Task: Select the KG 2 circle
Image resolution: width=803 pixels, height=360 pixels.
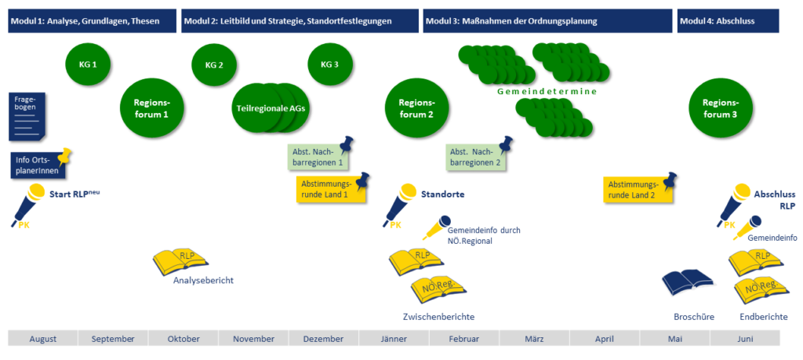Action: point(214,65)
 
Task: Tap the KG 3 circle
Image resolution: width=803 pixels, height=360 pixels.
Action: point(330,64)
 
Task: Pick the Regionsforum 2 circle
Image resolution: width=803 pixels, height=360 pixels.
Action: point(416,108)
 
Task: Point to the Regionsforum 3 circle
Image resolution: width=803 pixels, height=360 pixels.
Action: point(719,108)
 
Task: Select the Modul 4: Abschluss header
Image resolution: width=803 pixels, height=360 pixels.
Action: point(728,21)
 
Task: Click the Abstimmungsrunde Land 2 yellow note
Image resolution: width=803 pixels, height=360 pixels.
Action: point(634,189)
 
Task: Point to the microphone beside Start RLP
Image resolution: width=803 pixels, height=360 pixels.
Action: point(30,202)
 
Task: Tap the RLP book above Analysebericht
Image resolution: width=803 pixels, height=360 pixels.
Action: point(181,260)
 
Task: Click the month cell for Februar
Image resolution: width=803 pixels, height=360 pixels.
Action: point(464,338)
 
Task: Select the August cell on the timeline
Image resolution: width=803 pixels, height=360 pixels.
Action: point(43,338)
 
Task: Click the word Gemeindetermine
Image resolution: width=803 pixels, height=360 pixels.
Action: point(547,92)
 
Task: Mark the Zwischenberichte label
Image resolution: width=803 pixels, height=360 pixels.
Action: point(438,317)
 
